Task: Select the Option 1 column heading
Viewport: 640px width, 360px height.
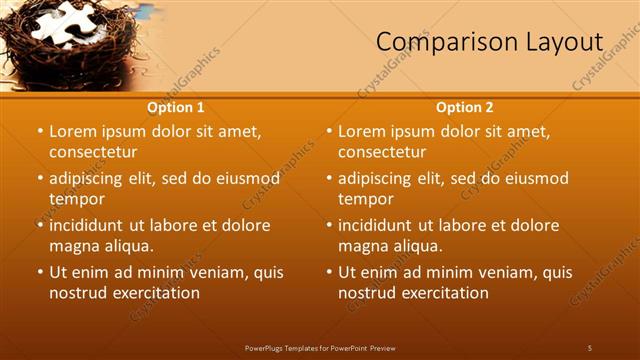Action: coord(176,107)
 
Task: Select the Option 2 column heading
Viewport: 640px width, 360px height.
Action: coord(465,107)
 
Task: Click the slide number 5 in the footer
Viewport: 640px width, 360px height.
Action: coord(589,347)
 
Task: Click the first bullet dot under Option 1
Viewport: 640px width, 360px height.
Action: coord(40,131)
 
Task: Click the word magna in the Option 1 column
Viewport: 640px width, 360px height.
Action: coord(74,246)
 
